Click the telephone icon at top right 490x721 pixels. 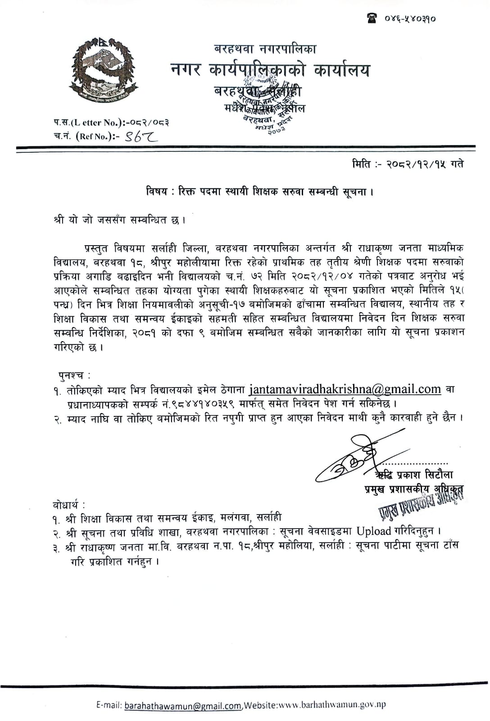tap(372, 19)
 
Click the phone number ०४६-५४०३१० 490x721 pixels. tap(410, 19)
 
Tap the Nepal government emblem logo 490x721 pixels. tap(103, 68)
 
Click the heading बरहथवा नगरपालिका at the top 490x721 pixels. tap(266, 49)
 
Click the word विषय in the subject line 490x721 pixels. tap(156, 192)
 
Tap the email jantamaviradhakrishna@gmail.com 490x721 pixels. tap(345, 389)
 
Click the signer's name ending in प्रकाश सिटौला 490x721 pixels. tap(414, 474)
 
